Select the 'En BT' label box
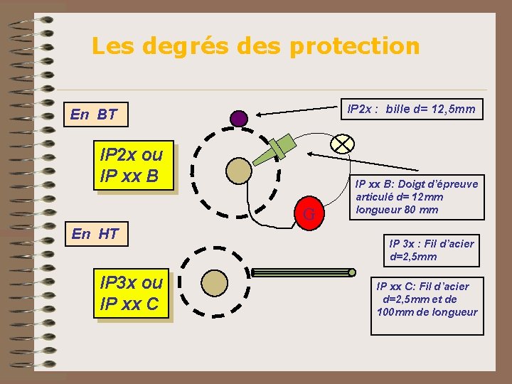coord(93,114)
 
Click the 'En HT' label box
coord(95,233)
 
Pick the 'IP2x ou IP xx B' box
coord(132,165)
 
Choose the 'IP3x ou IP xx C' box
coord(132,294)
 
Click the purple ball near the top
coord(240,118)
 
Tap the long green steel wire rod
coord(303,272)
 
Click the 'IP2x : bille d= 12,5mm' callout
coord(410,109)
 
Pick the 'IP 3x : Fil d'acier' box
coord(431,250)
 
